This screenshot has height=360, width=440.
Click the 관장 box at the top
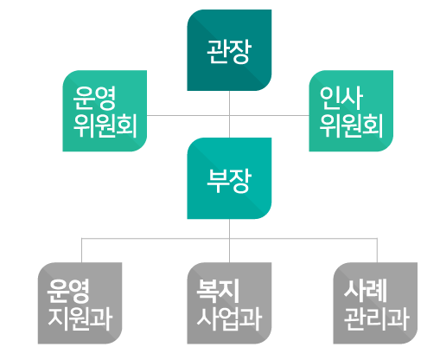click(x=229, y=50)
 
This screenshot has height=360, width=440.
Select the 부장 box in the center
click(x=229, y=178)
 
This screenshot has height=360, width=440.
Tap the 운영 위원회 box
click(x=105, y=111)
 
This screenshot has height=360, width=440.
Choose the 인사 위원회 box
click(x=351, y=111)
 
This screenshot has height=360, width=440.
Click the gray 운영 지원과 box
click(x=80, y=303)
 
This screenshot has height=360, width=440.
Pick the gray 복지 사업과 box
click(x=229, y=303)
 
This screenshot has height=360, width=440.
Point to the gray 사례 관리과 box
click(x=375, y=303)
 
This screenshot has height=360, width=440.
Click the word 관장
click(x=229, y=51)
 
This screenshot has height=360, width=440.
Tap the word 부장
click(x=229, y=181)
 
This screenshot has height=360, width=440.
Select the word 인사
click(x=341, y=98)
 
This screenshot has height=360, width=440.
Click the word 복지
click(x=218, y=291)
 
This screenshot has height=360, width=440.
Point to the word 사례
click(x=365, y=290)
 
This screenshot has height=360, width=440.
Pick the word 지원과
click(x=80, y=318)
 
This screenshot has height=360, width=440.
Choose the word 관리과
click(x=377, y=318)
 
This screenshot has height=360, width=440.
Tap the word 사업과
click(x=229, y=318)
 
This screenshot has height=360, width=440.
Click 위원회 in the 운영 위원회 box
click(x=105, y=125)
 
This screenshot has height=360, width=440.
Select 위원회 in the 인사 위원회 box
click(x=351, y=125)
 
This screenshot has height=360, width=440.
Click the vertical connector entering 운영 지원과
click(x=82, y=250)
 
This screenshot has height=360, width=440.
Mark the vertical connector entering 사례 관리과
click(x=377, y=250)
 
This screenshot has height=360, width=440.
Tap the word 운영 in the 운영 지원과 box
click(x=68, y=291)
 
